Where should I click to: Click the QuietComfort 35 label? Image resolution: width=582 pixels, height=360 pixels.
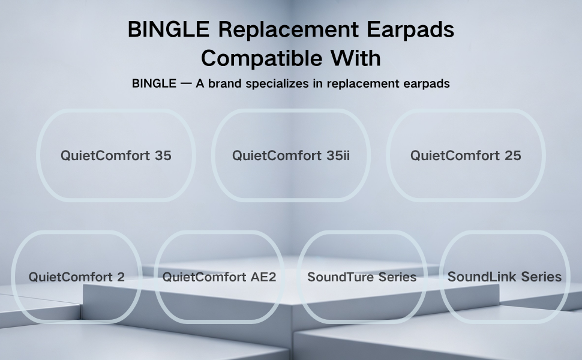116,155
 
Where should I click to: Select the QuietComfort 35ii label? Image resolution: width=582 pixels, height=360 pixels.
291,155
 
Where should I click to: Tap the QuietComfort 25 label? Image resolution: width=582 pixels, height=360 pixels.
466,155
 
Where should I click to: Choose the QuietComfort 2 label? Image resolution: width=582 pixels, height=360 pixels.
76,277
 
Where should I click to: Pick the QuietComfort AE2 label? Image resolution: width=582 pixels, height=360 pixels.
220,277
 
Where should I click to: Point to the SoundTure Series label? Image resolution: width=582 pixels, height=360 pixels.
362,277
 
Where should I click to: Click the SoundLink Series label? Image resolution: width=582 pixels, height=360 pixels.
505,277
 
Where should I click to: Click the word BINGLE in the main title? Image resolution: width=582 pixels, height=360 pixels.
169,29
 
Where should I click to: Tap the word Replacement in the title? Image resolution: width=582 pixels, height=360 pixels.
289,29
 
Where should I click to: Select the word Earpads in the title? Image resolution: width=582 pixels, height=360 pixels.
410,29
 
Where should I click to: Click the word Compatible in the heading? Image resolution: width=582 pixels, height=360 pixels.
262,58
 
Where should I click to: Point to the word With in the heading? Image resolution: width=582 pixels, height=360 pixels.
356,58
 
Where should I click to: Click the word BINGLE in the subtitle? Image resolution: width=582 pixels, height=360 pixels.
154,83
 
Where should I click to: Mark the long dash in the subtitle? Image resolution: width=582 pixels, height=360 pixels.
186,84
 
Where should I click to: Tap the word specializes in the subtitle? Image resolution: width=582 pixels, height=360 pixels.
277,84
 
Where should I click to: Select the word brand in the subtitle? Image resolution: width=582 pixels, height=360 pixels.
225,83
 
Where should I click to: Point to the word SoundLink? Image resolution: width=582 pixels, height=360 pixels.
482,277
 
